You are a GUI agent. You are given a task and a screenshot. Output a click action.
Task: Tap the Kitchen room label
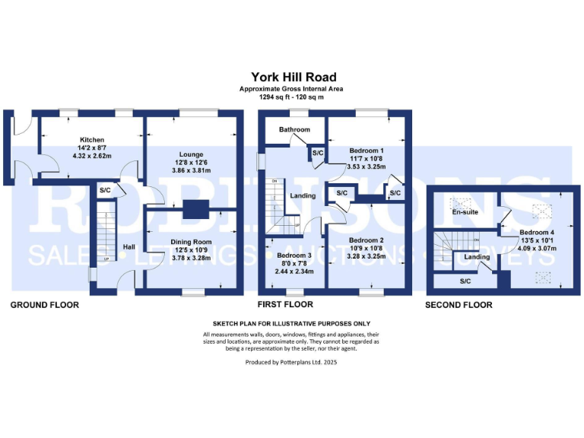click(92, 140)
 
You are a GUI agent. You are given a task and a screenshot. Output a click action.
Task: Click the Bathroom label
click(294, 129)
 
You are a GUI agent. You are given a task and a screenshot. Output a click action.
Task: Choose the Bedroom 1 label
click(366, 151)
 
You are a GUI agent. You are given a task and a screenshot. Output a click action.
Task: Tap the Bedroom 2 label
click(367, 240)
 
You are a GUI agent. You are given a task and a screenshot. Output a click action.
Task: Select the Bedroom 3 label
click(293, 255)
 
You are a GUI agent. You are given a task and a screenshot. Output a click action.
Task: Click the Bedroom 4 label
click(537, 233)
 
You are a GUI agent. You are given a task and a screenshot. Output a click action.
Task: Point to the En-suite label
click(464, 213)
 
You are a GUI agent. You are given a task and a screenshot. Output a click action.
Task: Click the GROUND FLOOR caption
click(44, 305)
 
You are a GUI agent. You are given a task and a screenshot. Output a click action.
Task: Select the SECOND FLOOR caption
click(459, 305)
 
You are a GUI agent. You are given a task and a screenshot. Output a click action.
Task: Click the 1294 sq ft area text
click(292, 97)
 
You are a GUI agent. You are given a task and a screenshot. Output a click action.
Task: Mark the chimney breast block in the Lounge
click(195, 208)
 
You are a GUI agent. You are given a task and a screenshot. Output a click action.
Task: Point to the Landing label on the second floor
click(477, 257)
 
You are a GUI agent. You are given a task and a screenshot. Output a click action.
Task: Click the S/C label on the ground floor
click(105, 190)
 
